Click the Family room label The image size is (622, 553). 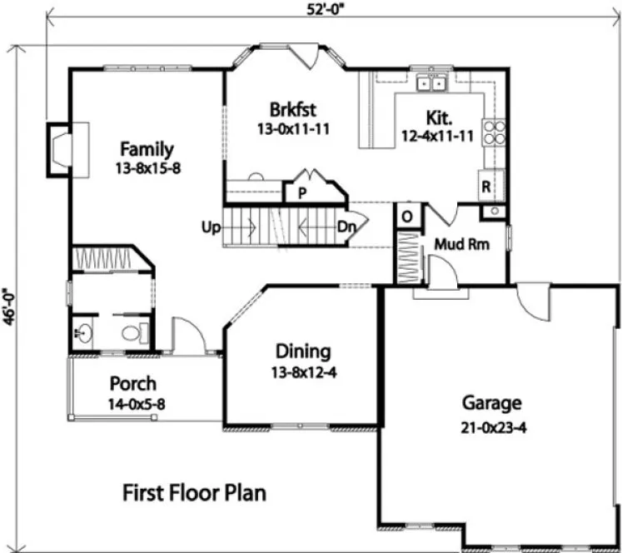click(146, 150)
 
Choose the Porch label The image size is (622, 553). click(132, 384)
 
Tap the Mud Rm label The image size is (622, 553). click(461, 245)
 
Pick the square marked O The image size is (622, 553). click(407, 216)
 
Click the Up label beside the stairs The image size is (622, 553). click(209, 226)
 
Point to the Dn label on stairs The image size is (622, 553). click(347, 227)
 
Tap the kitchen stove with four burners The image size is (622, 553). click(493, 134)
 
